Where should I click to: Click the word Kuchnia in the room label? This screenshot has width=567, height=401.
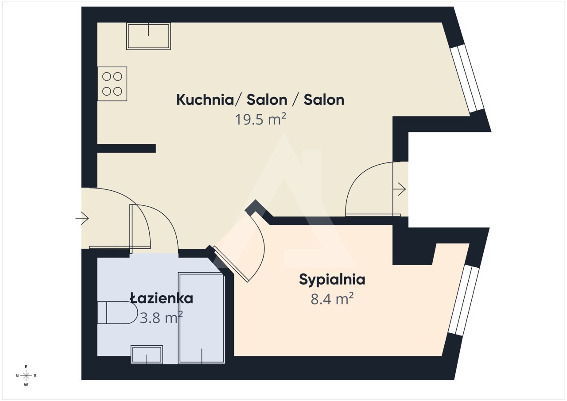pos(205,100)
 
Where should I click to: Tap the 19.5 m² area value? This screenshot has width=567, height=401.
pos(260,120)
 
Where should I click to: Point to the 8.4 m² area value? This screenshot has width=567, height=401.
pos(332,299)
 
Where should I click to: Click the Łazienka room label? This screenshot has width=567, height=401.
pos(162,298)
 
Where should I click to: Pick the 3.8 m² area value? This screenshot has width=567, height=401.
pos(161,317)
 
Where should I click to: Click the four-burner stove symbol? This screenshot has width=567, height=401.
pos(112,84)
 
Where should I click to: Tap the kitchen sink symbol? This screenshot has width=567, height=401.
pos(148,36)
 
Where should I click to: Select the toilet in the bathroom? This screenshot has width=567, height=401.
pos(117,312)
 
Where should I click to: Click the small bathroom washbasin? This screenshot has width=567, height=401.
pos(147,355)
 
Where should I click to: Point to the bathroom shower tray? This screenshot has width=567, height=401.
pos(202,318)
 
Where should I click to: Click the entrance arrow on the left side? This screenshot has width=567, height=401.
pos(82,218)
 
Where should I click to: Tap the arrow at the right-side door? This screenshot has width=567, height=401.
pos(399,189)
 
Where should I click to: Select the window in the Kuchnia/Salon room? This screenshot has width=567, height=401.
pos(467,78)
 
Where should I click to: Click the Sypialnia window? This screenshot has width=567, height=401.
pos(464,301)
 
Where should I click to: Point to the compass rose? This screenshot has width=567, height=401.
pos(26,376)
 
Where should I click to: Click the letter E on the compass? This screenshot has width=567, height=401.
pos(26,366)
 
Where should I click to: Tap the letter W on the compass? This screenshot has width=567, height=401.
pos(26,385)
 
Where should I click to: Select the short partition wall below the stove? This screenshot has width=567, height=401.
pos(126,148)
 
